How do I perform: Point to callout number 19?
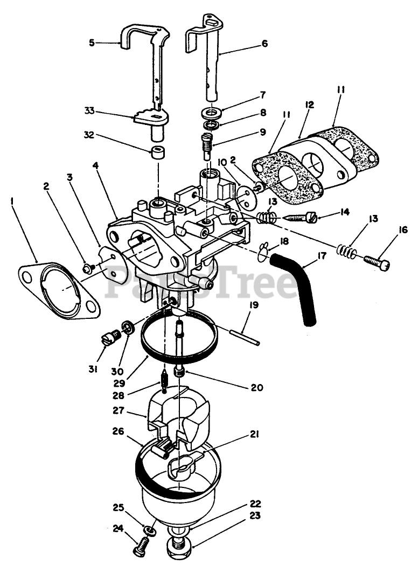point(254,305)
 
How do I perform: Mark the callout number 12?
point(309,104)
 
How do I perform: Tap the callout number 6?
point(264,44)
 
